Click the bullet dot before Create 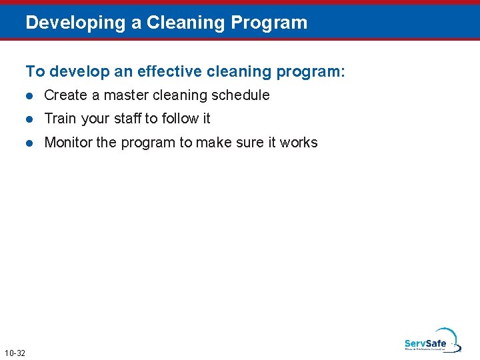pyautogui.click(x=29, y=95)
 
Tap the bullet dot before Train pyautogui.click(x=29, y=119)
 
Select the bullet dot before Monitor pyautogui.click(x=29, y=143)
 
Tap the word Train pyautogui.click(x=60, y=119)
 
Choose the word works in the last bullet pyautogui.click(x=299, y=143)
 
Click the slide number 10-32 pyautogui.click(x=15, y=353)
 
